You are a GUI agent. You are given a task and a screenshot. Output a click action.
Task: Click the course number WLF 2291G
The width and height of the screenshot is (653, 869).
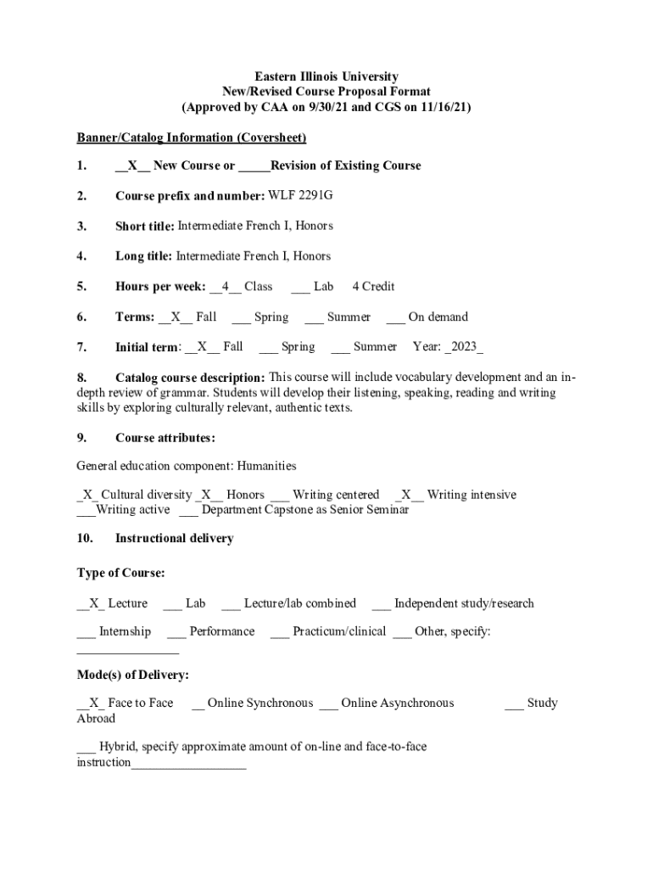pos(300,196)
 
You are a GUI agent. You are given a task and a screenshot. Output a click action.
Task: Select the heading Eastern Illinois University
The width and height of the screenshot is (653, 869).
pos(326,76)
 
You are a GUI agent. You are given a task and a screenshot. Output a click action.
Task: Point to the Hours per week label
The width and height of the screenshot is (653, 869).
pos(160,287)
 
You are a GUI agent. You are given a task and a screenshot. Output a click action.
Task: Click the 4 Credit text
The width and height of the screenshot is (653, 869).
pos(373,287)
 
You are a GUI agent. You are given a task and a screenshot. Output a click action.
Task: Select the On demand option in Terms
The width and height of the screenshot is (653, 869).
pos(438,317)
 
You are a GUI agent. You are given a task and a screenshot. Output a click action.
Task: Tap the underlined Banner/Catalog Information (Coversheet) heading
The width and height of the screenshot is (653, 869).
pos(191,137)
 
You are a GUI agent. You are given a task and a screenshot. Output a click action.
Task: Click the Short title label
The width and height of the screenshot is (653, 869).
pos(145,226)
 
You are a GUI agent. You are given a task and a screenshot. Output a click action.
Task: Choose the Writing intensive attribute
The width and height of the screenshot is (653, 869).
pos(471,495)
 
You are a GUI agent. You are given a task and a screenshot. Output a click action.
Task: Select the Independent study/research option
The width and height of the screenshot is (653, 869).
pos(464,603)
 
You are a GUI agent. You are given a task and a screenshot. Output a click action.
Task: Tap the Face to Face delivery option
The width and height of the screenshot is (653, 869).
pos(140,703)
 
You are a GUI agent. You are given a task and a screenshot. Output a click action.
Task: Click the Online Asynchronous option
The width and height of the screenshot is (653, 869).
pos(397,703)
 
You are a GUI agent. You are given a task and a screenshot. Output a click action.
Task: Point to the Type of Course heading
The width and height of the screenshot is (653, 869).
pos(120,573)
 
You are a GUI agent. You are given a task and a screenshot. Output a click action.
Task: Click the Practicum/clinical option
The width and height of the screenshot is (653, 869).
pos(338,631)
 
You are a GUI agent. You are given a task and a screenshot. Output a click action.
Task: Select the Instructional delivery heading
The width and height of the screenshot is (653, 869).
pos(174,538)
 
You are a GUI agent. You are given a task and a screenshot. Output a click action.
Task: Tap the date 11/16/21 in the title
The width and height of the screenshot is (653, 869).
pos(441,107)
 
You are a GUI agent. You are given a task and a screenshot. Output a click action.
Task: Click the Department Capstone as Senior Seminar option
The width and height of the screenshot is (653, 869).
pos(304,510)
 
